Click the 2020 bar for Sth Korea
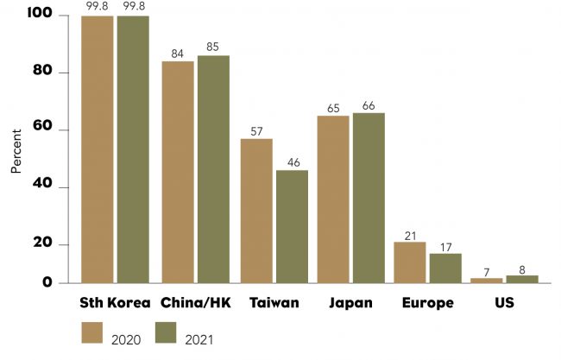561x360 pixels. (x=98, y=149)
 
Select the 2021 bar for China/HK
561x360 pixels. (x=213, y=169)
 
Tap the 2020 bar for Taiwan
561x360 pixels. (x=256, y=211)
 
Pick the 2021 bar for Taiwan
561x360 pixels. (x=292, y=226)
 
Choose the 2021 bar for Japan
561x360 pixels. (x=369, y=198)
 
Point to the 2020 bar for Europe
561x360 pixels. (x=409, y=262)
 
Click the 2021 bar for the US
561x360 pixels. (x=522, y=279)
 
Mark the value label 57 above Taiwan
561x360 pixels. (x=256, y=131)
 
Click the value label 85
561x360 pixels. (x=213, y=48)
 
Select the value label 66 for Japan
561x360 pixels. (x=369, y=105)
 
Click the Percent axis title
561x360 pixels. (x=16, y=152)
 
